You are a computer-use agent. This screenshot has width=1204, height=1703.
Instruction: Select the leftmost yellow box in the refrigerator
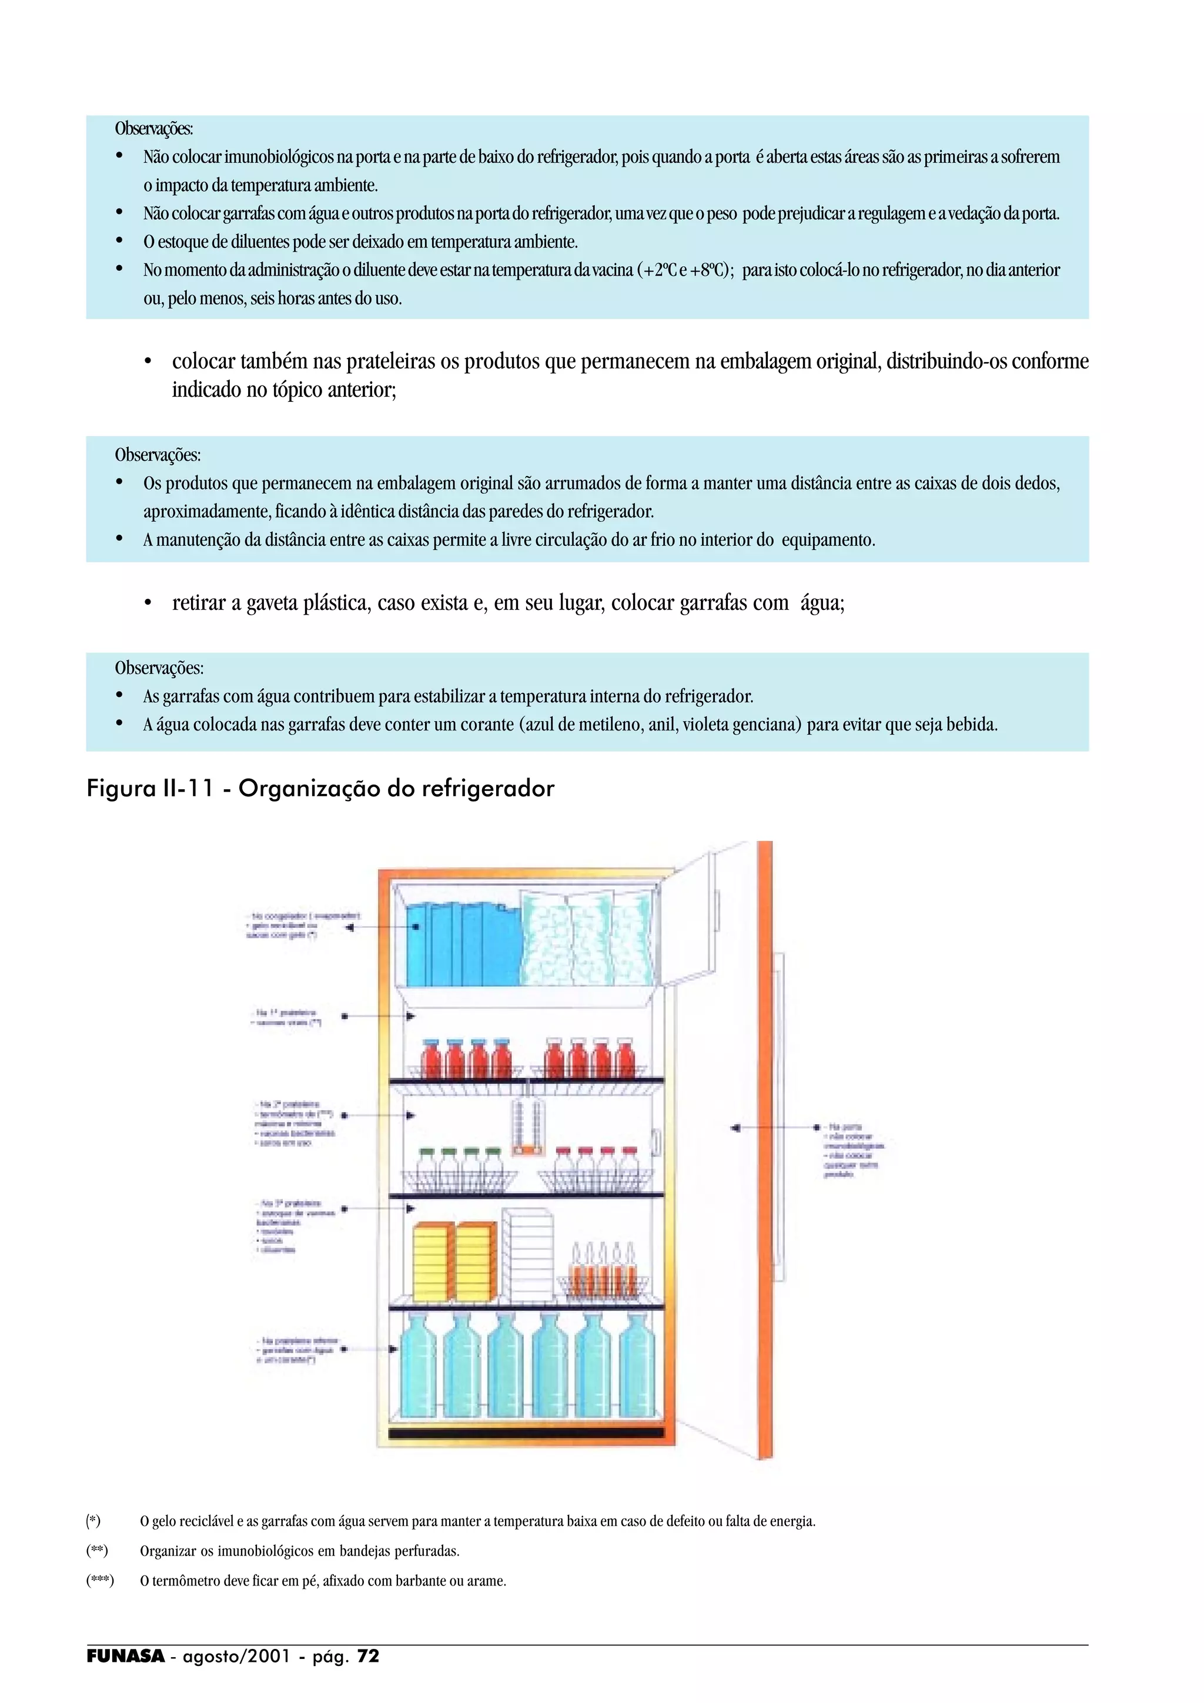click(432, 1262)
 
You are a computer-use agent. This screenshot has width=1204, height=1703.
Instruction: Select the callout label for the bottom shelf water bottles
click(297, 1350)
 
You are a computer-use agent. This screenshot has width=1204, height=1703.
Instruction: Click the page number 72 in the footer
click(368, 1656)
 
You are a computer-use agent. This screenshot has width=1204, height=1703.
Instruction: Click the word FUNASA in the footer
click(125, 1656)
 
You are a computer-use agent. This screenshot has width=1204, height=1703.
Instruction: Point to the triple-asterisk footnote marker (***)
click(100, 1581)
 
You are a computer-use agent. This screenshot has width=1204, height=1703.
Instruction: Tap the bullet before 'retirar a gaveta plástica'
click(148, 604)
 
